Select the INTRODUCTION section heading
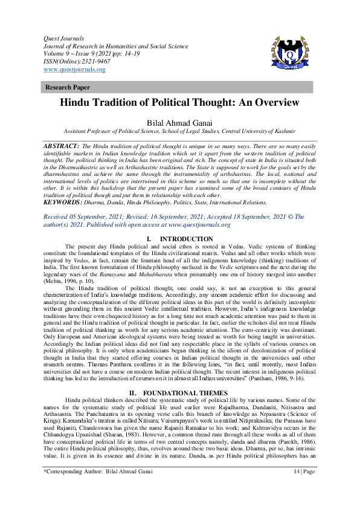click(x=186, y=239)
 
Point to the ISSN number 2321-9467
click(x=89, y=62)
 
